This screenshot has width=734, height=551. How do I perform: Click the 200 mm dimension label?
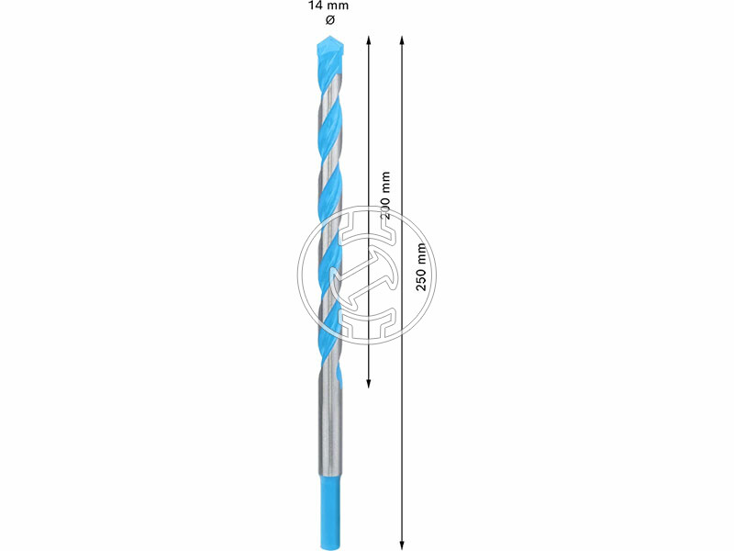384,195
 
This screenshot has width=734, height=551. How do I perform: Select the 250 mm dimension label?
421,267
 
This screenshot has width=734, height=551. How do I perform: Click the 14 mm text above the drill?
328,6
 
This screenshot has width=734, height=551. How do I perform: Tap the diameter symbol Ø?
328,19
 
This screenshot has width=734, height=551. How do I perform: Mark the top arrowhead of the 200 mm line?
368,40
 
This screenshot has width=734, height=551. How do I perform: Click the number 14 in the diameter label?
315,6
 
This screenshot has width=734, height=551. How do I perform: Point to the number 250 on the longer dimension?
421,278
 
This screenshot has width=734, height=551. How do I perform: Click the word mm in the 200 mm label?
384,180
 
